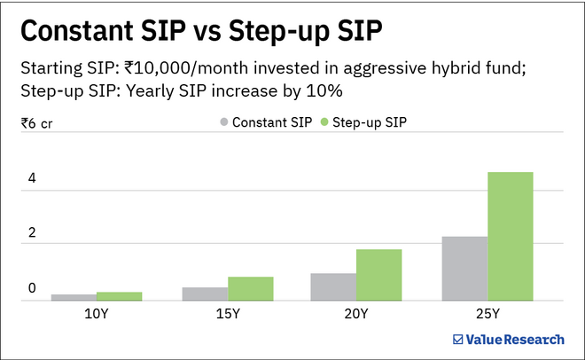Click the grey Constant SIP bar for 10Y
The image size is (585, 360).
(x=74, y=297)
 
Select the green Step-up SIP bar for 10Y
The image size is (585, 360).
(x=119, y=295)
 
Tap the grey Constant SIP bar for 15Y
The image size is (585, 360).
(x=205, y=293)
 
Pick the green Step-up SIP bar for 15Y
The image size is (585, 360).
(x=250, y=288)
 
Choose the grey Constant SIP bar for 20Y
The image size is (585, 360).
(x=333, y=286)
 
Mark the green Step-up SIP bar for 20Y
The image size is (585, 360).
(x=378, y=275)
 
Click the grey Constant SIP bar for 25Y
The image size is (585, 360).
(x=464, y=268)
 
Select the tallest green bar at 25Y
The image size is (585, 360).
(x=510, y=236)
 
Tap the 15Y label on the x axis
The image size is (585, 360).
(x=227, y=313)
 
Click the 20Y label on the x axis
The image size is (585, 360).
(x=356, y=313)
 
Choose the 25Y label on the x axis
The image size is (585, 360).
(x=487, y=313)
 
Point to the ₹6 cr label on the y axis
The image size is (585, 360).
(x=38, y=122)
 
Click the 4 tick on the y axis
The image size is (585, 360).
(x=32, y=178)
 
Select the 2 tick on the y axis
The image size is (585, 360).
(x=32, y=233)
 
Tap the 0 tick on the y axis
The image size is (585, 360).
(x=32, y=288)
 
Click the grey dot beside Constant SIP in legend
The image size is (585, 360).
(x=223, y=123)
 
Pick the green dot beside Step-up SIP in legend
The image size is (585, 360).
(x=324, y=123)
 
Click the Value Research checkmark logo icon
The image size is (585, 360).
(x=457, y=338)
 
